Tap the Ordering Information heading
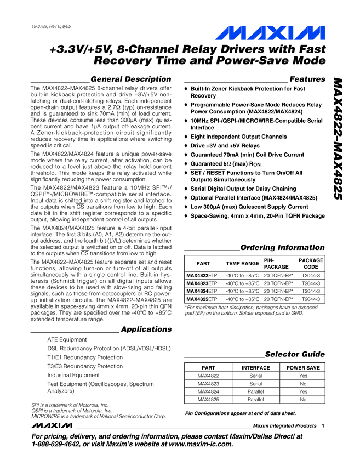coord(283,247)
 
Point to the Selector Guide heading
coord(295,354)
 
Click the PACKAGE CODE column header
coord(311,263)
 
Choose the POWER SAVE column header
coord(303,368)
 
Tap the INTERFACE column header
coord(256,368)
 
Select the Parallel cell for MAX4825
coord(256,400)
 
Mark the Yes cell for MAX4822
coord(303,376)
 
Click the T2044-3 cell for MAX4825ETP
coord(311,299)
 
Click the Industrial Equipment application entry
coord(73,375)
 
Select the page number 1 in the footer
coord(324,426)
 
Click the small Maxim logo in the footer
coord(52,426)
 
